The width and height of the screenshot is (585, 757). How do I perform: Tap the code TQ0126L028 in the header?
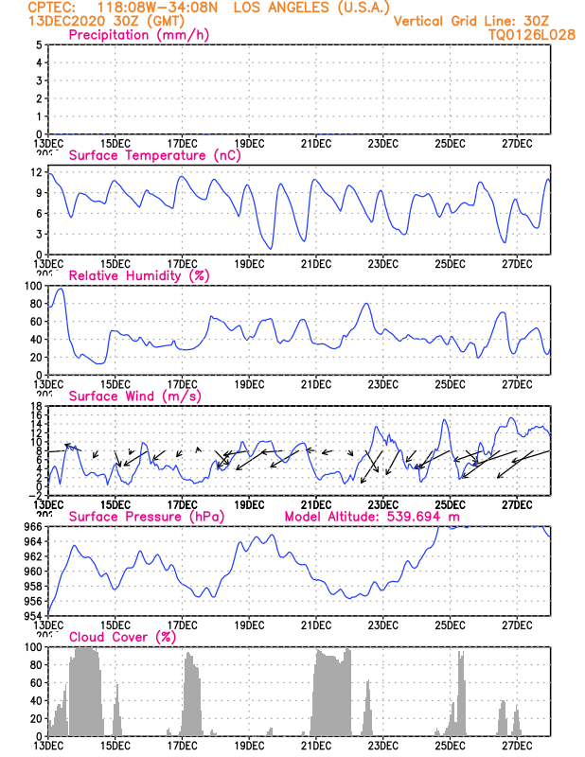[532, 34]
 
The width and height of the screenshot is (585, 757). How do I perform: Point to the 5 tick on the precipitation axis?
[38, 44]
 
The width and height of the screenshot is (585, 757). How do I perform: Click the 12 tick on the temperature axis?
[35, 172]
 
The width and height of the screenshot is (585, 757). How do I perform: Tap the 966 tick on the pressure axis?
[31, 526]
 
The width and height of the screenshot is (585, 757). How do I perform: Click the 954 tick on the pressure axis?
[31, 616]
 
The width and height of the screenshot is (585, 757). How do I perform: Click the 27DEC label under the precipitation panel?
[517, 143]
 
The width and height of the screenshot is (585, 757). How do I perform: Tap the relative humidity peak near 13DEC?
[62, 290]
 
